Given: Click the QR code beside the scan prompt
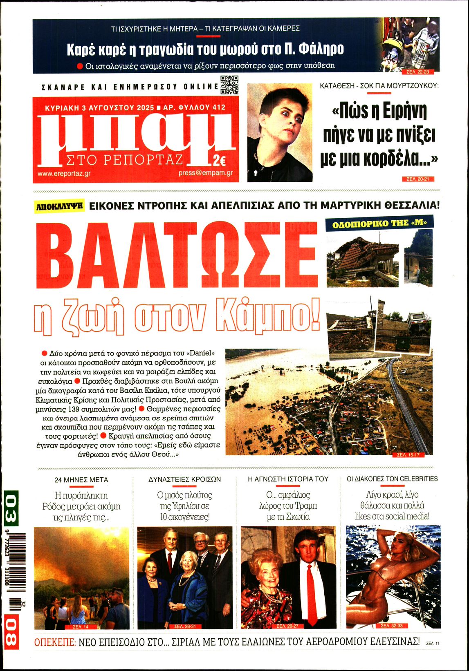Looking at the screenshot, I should coord(229,85).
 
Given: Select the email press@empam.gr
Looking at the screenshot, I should coord(206,173).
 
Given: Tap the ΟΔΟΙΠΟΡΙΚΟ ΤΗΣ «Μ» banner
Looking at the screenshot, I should coord(379,223).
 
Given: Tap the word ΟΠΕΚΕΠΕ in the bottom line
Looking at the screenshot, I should coord(55,642).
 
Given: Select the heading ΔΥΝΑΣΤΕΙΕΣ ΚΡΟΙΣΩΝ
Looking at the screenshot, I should coord(184,479).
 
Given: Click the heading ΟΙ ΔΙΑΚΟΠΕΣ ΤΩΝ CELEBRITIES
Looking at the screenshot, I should coord(392,479).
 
